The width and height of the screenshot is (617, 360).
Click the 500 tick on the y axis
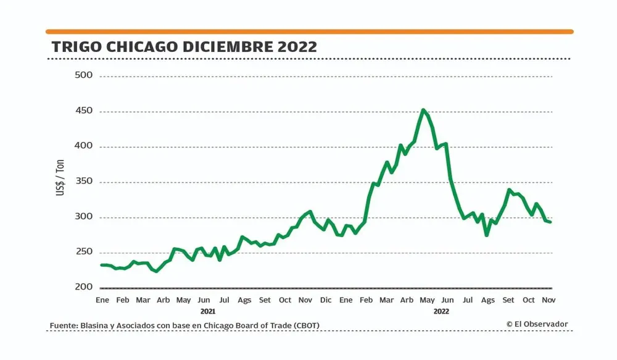[x=82, y=76]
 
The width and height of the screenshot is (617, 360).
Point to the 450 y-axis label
[x=82, y=111]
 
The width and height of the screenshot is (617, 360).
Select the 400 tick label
[x=82, y=146]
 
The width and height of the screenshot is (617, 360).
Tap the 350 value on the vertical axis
[x=82, y=182]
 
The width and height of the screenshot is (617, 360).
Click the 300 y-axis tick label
[x=82, y=217]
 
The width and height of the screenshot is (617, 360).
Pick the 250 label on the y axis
[x=82, y=252]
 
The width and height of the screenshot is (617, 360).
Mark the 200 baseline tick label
[x=82, y=287]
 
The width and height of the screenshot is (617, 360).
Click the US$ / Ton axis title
[x=60, y=182]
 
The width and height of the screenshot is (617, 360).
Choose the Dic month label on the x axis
[x=326, y=300]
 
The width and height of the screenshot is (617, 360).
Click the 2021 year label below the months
[x=208, y=311]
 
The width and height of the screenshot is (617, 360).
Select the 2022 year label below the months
[x=441, y=311]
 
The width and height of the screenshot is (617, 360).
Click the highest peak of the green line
[x=423, y=110]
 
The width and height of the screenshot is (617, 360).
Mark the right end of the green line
[x=550, y=222]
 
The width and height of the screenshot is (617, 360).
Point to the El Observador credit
[x=537, y=324]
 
